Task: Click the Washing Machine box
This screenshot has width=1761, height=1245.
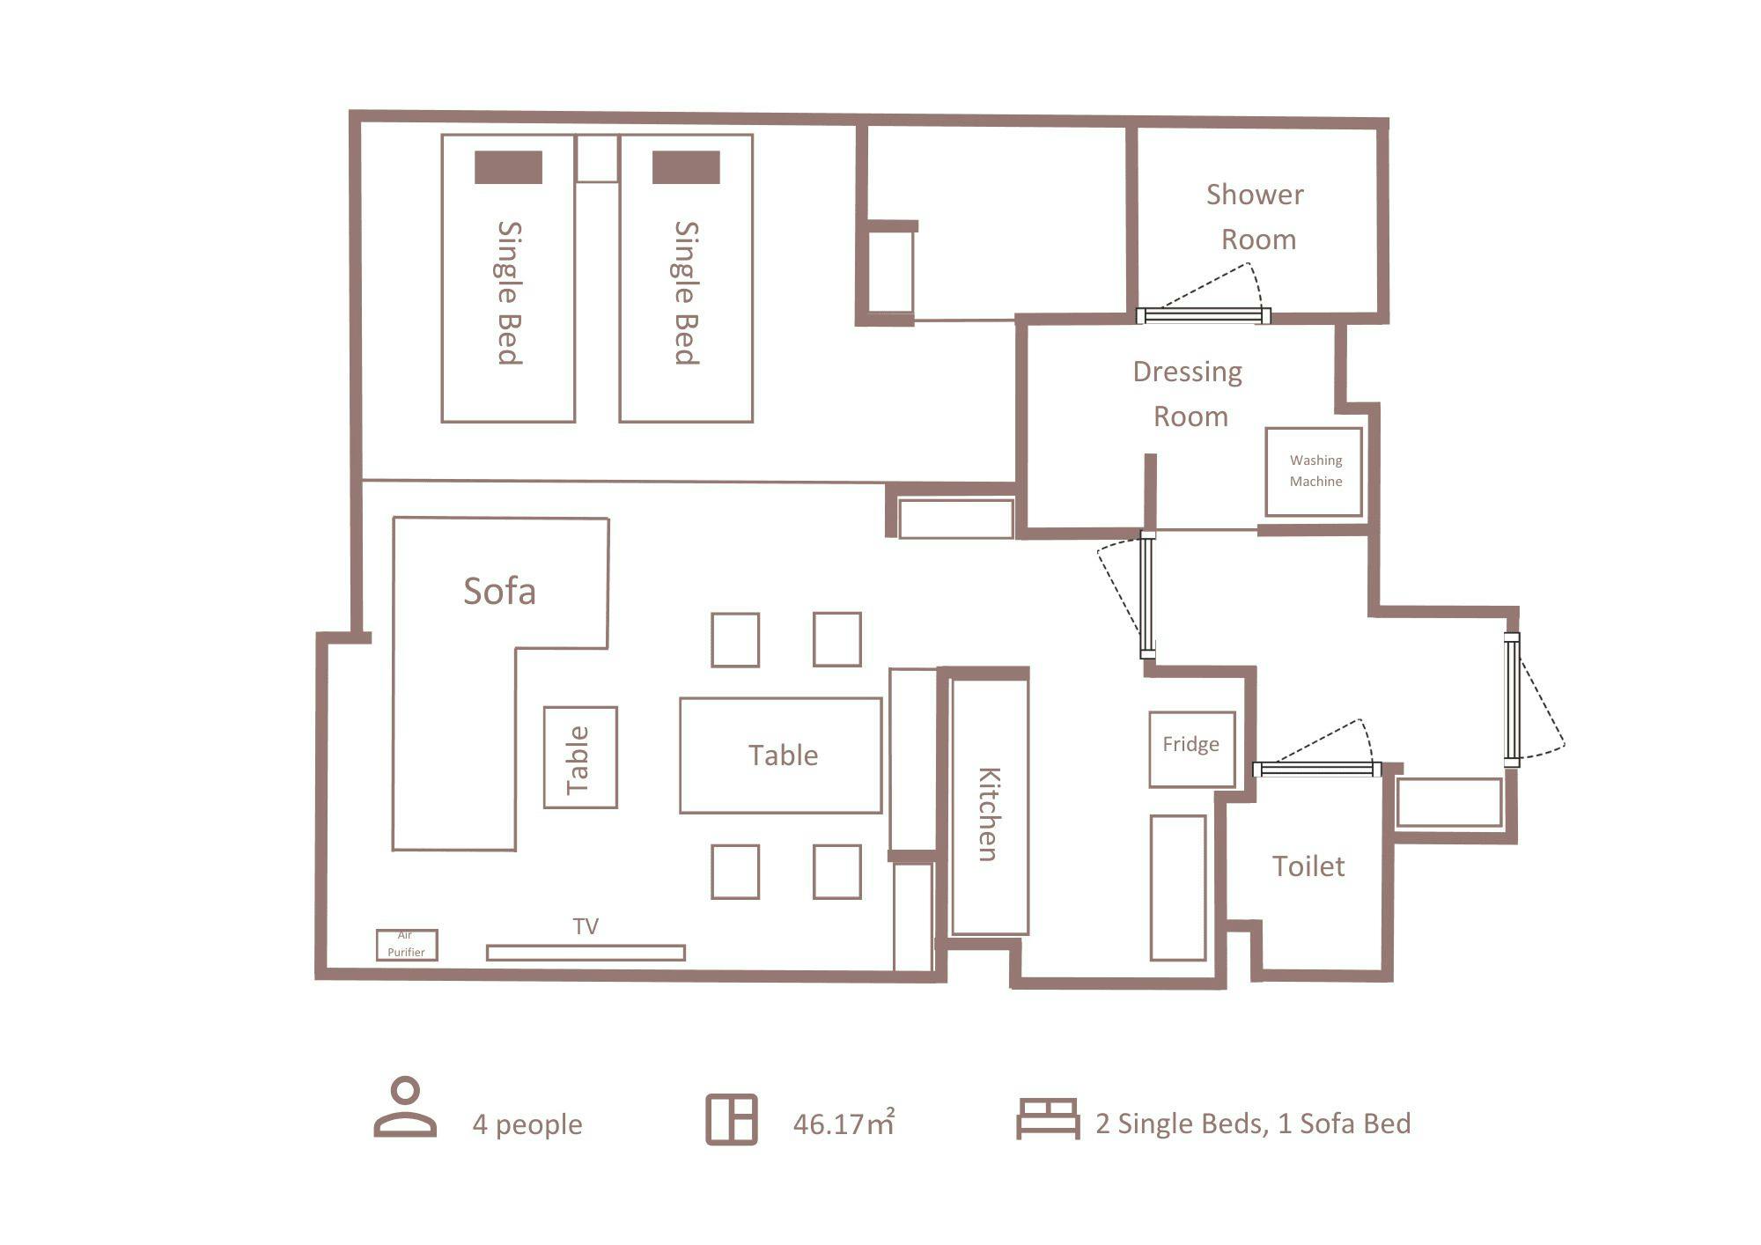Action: point(1314,472)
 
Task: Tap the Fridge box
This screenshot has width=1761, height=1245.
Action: point(1191,749)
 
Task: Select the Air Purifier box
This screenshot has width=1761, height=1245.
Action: point(407,945)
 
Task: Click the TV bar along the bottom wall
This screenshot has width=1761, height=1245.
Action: point(586,953)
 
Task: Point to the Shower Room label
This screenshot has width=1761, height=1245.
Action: point(1256,217)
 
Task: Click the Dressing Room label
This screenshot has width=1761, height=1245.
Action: point(1188,394)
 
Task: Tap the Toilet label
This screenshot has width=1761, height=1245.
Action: point(1308,866)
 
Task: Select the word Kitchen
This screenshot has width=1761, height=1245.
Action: point(989,814)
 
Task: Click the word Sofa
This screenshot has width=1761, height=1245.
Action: point(499,591)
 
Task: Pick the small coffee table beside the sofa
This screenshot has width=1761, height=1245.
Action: point(580,757)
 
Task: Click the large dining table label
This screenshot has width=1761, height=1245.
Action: point(783,755)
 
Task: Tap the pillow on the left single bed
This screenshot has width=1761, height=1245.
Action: point(508,167)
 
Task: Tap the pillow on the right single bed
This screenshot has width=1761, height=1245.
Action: point(686,167)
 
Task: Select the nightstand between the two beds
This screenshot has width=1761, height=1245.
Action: point(597,158)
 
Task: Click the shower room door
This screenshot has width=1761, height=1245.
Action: point(1203,315)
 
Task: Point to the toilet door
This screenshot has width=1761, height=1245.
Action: point(1316,770)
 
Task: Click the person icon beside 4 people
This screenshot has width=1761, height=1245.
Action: point(405,1107)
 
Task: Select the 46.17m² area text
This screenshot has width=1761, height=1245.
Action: point(844,1123)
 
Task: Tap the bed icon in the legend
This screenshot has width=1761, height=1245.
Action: point(1048,1119)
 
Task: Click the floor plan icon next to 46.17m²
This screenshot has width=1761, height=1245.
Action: point(732,1120)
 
